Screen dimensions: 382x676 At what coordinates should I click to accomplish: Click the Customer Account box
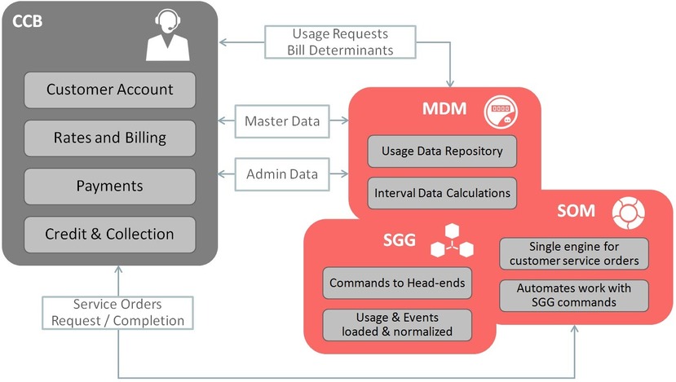point(109,90)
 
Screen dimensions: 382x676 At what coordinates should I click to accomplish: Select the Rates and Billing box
point(109,138)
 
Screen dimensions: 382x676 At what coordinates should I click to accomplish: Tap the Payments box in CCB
point(109,186)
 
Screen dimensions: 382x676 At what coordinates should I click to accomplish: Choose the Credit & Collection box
point(109,234)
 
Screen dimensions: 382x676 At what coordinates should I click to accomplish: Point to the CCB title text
point(29,20)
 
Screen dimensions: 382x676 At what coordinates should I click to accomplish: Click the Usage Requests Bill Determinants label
point(340,42)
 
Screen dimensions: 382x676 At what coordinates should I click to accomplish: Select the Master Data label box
point(281,122)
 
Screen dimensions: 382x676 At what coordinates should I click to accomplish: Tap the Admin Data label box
point(281,173)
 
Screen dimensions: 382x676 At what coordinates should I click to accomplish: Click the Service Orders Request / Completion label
point(119,312)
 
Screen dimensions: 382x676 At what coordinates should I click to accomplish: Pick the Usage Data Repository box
point(441,151)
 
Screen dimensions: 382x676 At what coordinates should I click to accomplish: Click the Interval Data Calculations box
point(441,193)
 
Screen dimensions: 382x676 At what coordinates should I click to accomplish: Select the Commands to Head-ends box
point(397,283)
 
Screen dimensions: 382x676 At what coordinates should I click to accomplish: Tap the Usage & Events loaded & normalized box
point(397,324)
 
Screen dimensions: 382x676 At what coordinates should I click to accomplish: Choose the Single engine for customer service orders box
point(574,253)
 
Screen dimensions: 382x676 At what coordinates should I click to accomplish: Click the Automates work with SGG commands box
point(574,296)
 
